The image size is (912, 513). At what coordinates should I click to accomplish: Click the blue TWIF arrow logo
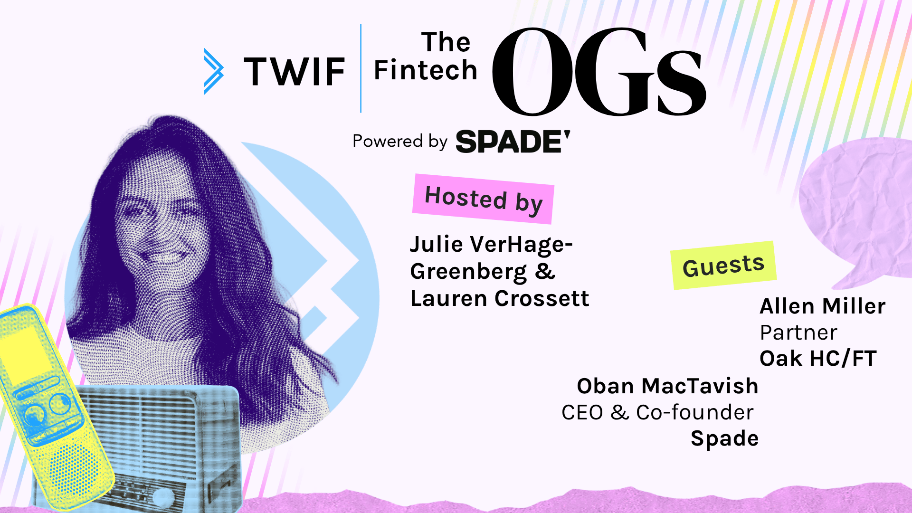click(213, 71)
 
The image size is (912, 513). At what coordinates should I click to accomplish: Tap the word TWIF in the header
click(294, 72)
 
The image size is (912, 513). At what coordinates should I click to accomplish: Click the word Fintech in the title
click(425, 70)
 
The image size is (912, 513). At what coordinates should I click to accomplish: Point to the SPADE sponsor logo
click(513, 142)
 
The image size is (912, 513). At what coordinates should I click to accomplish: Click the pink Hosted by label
click(483, 199)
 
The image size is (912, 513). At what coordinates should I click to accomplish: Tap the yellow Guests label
click(723, 266)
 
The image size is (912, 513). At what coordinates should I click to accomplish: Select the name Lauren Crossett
click(500, 299)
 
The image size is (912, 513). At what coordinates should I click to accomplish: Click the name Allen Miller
click(822, 306)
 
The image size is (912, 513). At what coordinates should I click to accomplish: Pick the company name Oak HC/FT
click(818, 359)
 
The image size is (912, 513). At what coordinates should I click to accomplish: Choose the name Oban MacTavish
click(667, 386)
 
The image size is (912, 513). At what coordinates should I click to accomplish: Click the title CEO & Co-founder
click(657, 412)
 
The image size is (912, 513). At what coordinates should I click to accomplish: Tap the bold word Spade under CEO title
click(724, 438)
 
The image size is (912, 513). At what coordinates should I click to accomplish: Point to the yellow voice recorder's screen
click(24, 351)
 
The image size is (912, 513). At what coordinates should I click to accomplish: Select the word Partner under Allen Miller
click(798, 332)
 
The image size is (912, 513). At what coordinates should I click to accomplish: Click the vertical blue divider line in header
click(361, 68)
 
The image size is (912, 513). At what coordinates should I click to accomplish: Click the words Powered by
click(400, 142)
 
